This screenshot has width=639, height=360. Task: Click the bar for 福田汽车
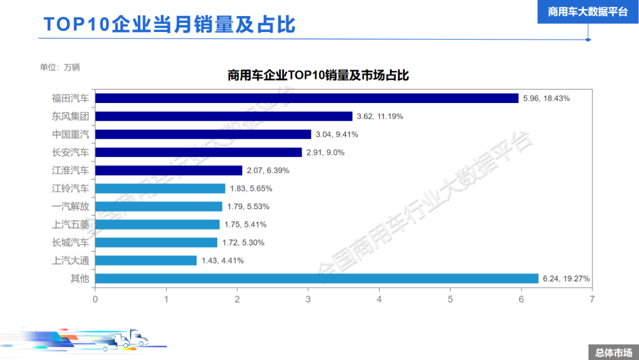pos(306,98)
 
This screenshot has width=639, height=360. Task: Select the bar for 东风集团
pos(224,117)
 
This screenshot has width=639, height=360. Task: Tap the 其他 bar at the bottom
pos(317,278)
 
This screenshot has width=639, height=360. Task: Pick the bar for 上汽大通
pos(146,261)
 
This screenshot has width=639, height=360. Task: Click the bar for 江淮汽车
pos(169,171)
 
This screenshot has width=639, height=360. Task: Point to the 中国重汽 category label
pos(70,134)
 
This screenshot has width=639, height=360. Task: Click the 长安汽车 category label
pos(70,152)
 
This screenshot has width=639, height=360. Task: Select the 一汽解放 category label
pos(70,207)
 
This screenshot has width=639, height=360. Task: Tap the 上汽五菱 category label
pos(70,224)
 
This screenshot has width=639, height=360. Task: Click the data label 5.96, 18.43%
pos(546,98)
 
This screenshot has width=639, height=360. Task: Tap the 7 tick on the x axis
pos(592,299)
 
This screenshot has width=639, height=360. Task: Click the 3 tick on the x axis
pos(308,299)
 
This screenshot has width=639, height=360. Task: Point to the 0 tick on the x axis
pos(95,299)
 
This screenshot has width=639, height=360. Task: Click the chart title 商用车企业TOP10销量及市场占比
pos(318,75)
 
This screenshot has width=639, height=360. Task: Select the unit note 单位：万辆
pos(60,67)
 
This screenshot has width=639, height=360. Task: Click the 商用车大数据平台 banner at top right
pos(588,11)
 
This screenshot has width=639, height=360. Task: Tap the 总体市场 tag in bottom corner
pos(613,353)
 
